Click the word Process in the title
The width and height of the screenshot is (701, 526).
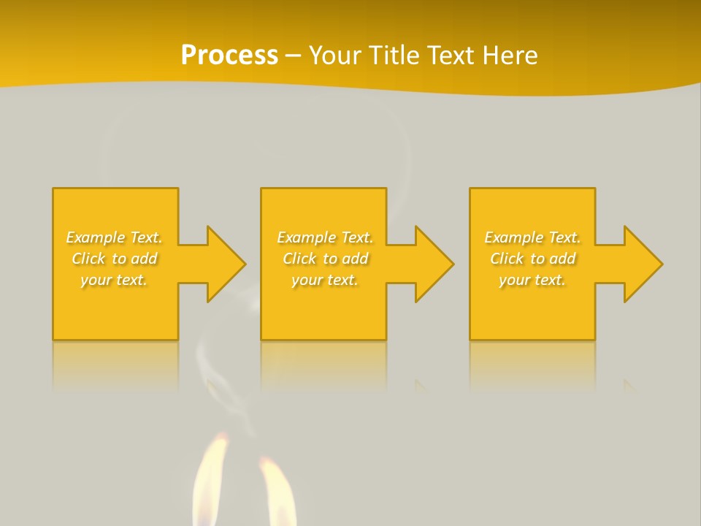tap(229, 55)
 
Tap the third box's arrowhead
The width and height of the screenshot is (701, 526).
tap(642, 264)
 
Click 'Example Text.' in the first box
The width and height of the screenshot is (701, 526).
tap(114, 237)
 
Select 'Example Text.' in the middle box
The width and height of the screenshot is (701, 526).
tap(325, 237)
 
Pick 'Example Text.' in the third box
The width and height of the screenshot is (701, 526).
tap(532, 237)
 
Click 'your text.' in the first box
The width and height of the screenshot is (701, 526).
tap(114, 280)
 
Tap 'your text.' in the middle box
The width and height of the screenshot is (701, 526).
tap(325, 280)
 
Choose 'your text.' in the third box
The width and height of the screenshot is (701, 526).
tap(532, 280)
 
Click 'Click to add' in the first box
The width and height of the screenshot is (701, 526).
tap(114, 259)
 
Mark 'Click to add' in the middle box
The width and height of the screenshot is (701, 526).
tap(325, 259)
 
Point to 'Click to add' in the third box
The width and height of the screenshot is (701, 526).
tap(532, 259)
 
